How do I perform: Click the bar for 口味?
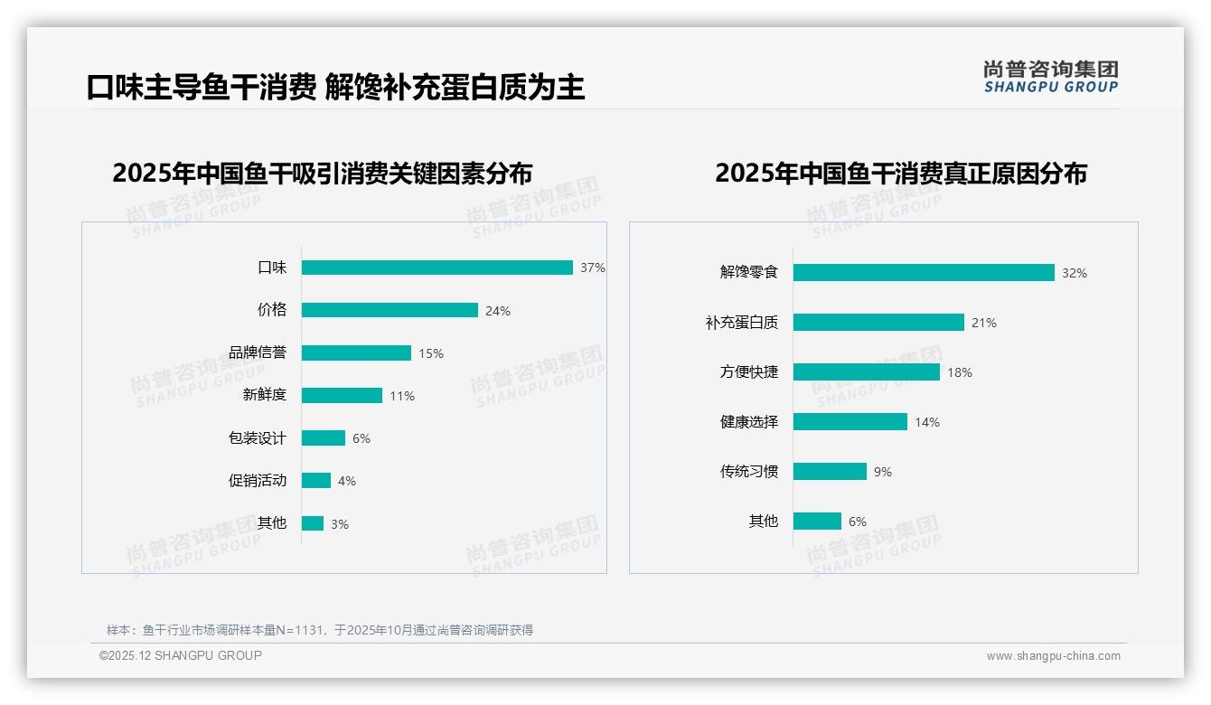point(437,268)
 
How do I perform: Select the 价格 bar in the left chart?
point(390,310)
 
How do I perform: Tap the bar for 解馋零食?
point(924,272)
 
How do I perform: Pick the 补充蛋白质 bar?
point(878,322)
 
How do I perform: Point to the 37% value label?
point(593,268)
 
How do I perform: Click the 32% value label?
point(1075,273)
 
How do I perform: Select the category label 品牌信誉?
point(258,352)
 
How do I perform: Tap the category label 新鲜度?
point(265,395)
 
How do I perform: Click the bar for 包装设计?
point(324,437)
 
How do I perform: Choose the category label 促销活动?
point(258,480)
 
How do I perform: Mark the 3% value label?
point(340,524)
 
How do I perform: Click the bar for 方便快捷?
point(867,371)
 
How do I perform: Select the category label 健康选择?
point(749,421)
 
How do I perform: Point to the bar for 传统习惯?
point(830,471)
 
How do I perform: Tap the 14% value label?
point(927,422)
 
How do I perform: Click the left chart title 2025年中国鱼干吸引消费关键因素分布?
point(323,174)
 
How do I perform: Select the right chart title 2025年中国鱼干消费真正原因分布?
point(900,174)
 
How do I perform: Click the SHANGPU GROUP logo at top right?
point(1051,77)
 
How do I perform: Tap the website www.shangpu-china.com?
point(1053,656)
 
